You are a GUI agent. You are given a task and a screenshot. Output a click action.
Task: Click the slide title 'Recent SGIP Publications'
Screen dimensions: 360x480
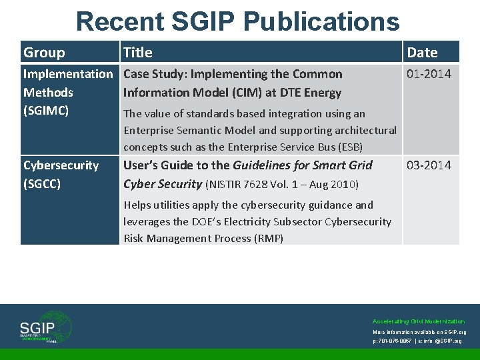238,21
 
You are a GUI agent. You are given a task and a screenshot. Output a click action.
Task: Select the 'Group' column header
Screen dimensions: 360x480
44,52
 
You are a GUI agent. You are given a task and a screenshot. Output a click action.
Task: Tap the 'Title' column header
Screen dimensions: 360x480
138,52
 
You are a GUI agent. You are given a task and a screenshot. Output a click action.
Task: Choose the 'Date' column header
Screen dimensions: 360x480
422,52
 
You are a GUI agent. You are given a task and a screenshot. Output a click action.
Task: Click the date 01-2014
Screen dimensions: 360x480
429,74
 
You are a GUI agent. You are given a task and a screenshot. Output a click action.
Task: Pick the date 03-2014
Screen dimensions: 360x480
429,165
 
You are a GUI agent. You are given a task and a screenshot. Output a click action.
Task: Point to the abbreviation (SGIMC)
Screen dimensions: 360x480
46,111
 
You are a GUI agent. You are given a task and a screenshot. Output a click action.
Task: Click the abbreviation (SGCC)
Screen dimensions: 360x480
42,184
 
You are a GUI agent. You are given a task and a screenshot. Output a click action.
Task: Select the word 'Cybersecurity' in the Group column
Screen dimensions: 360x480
61,165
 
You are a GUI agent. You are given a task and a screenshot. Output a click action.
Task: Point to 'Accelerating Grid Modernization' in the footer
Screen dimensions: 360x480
419,321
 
